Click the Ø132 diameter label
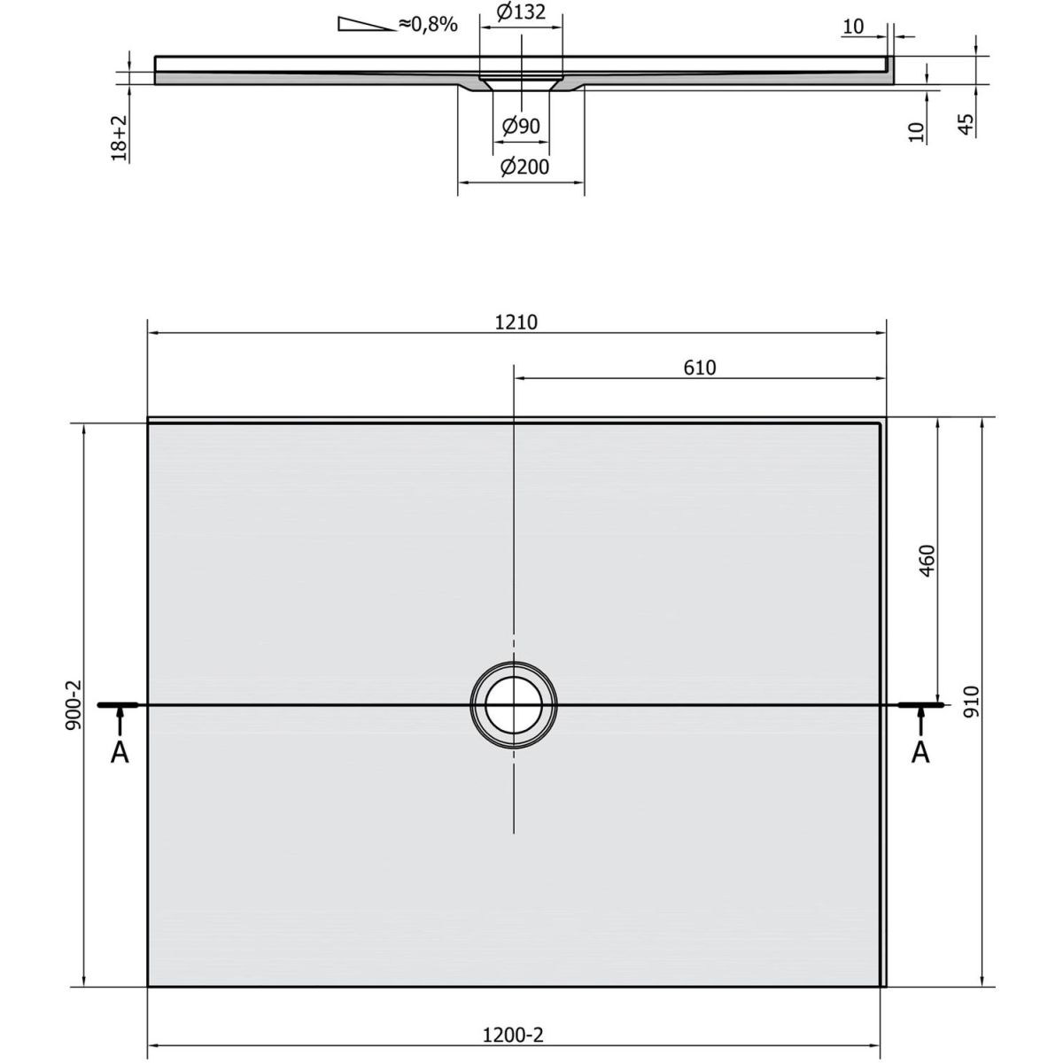point(521,12)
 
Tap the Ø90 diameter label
point(521,127)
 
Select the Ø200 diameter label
point(524,167)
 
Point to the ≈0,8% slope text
point(428,24)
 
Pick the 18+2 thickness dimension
point(120,138)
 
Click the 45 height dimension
point(966,124)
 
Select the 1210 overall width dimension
point(516,322)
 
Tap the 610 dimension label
point(700,368)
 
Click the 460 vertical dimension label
point(927,561)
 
